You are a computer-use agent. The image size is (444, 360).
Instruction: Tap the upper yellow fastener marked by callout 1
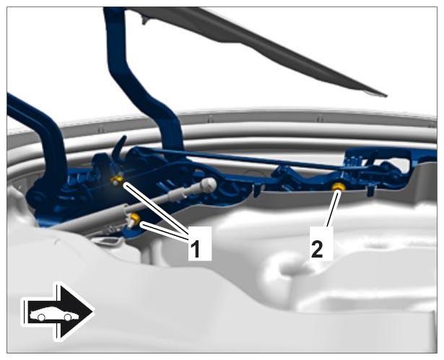[117, 179]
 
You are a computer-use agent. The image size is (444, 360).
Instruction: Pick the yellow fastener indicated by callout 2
[339, 187]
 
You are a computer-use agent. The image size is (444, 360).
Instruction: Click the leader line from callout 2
[333, 209]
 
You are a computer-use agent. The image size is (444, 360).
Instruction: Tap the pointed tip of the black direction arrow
[92, 312]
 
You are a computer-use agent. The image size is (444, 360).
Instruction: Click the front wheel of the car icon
[67, 317]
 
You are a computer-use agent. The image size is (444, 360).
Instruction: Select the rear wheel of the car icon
[41, 317]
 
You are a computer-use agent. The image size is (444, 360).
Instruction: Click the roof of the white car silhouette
[54, 307]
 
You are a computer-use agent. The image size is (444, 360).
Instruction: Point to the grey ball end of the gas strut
[209, 185]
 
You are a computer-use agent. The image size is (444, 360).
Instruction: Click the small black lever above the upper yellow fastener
[120, 147]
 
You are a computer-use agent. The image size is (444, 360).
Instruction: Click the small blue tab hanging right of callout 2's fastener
[371, 191]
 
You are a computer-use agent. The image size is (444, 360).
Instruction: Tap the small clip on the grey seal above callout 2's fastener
[320, 118]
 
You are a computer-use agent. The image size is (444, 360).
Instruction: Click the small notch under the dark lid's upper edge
[144, 20]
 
